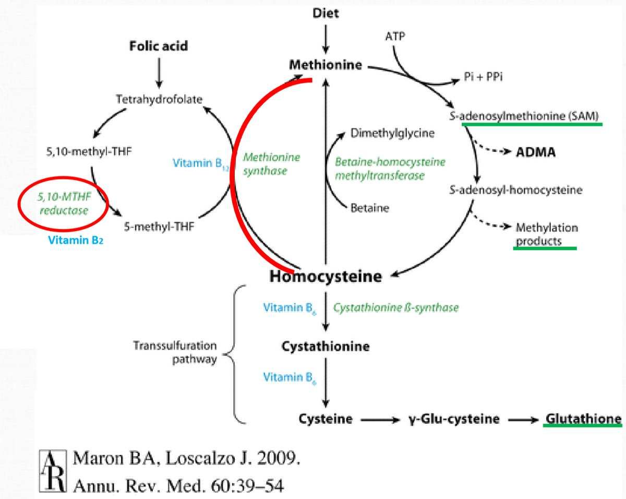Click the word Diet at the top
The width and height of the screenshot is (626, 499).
326,14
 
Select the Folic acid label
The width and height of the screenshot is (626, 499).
159,46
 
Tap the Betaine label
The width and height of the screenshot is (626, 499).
370,207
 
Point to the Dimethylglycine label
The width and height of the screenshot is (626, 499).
392,134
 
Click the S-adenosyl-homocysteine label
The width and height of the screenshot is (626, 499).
522,190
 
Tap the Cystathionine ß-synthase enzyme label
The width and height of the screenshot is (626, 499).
396,307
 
